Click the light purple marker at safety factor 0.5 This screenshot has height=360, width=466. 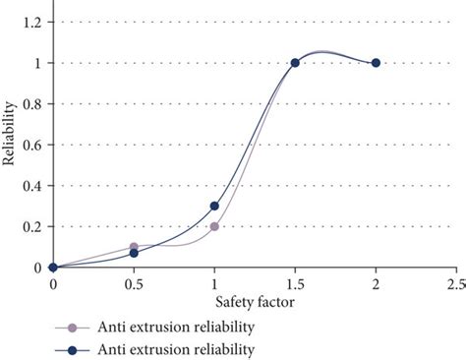[x=134, y=247]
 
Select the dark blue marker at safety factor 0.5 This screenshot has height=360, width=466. [x=134, y=253]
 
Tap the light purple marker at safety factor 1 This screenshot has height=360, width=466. [x=214, y=226]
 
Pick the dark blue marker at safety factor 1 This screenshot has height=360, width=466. [x=214, y=206]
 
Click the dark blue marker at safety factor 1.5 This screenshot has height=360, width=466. [x=295, y=63]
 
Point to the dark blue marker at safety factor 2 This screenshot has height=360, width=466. [x=376, y=63]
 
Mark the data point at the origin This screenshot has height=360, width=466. [x=53, y=268]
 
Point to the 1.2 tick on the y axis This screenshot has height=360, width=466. [x=34, y=22]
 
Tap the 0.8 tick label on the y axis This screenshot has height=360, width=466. [x=34, y=103]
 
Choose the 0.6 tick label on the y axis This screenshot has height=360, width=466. [x=34, y=145]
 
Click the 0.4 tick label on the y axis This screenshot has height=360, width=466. [x=34, y=185]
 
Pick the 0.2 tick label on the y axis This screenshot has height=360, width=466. [x=34, y=226]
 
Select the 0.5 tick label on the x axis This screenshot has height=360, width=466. [x=134, y=284]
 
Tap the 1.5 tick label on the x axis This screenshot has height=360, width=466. [x=295, y=284]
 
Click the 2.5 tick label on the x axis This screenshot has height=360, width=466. [x=455, y=284]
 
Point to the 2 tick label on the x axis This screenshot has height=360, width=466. [x=376, y=284]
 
